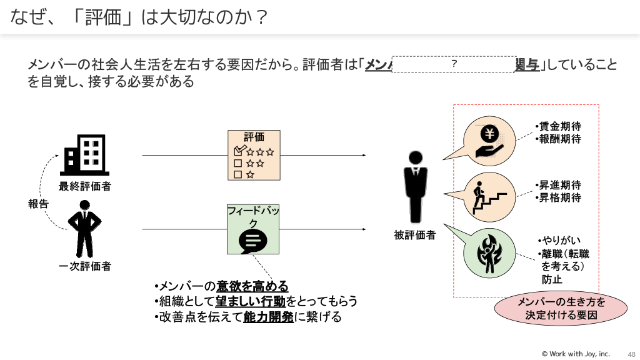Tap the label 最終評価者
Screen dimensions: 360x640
[x=85, y=186]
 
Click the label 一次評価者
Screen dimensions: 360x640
[x=85, y=266]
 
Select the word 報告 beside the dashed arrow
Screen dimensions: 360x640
[x=38, y=204]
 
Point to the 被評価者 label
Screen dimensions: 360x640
[x=415, y=235]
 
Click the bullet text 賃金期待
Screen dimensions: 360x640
[x=560, y=127]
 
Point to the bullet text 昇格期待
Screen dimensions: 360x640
[x=560, y=198]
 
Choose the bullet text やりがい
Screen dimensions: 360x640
[x=561, y=241]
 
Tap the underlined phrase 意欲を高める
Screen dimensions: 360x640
[x=252, y=287]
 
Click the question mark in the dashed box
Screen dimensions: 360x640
[x=454, y=64]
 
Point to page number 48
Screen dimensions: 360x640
[x=631, y=354]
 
